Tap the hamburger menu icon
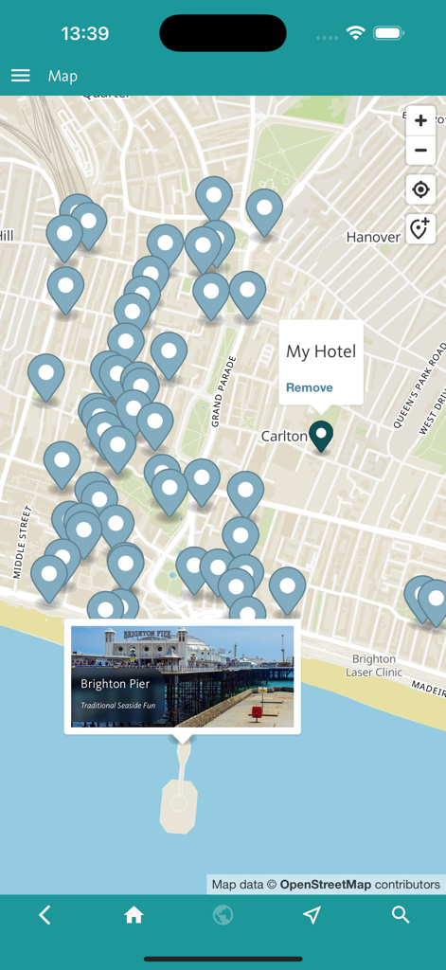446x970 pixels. pos(21,76)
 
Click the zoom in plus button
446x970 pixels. pos(420,121)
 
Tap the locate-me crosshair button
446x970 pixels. pos(420,189)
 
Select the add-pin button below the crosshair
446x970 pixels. pos(420,228)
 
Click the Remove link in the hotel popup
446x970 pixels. pos(310,387)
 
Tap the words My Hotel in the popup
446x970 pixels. pos(321,351)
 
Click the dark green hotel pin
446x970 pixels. pos(322,434)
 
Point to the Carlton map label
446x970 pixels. pos(284,437)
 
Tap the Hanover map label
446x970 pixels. pos(373,237)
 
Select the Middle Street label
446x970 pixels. pos(21,542)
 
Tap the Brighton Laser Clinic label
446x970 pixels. pos(374,666)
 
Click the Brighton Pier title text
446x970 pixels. pos(116,684)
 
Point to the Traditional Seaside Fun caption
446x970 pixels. pos(118,706)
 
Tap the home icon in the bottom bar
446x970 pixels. pos(134,915)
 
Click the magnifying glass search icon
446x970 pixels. pos(401,915)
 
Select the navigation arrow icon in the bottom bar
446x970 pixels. pos(312,915)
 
